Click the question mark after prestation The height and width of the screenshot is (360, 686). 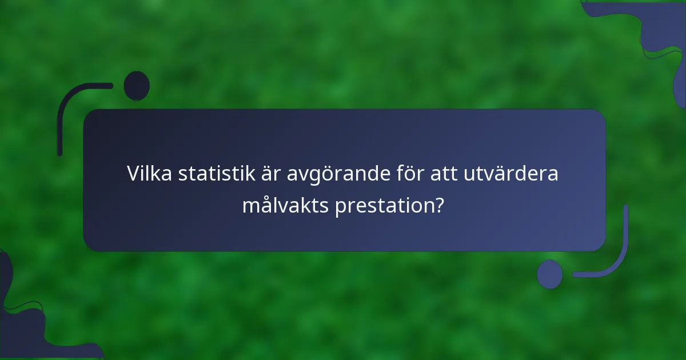tap(438, 205)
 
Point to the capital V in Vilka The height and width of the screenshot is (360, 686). tap(133, 173)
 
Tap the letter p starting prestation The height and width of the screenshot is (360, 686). tap(340, 206)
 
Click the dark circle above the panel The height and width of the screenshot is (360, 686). tap(137, 86)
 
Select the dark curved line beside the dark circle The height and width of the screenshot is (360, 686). tap(69, 106)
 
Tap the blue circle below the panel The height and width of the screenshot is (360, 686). tap(549, 274)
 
